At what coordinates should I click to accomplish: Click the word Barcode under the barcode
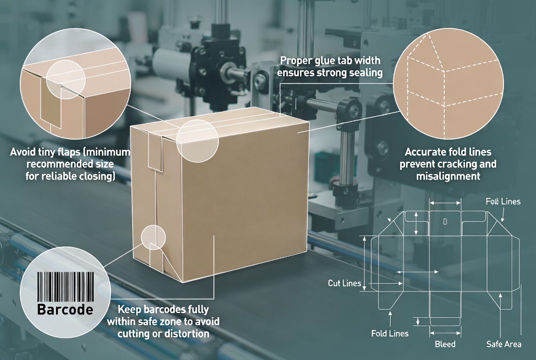pyautogui.click(x=65, y=309)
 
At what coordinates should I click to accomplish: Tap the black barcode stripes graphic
pyautogui.click(x=65, y=286)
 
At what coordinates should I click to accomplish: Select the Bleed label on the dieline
pyautogui.click(x=445, y=344)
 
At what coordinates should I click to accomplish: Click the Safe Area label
pyautogui.click(x=504, y=344)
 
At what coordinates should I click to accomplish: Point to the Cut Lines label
pyautogui.click(x=344, y=283)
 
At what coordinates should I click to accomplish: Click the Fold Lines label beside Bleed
pyautogui.click(x=390, y=333)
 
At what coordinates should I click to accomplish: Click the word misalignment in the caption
pyautogui.click(x=448, y=176)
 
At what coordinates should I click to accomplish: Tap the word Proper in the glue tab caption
pyautogui.click(x=296, y=61)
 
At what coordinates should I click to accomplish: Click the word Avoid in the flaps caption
pyautogui.click(x=22, y=152)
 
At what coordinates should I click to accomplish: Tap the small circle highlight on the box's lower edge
pyautogui.click(x=153, y=237)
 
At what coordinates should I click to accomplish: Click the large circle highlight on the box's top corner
pyautogui.click(x=198, y=140)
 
